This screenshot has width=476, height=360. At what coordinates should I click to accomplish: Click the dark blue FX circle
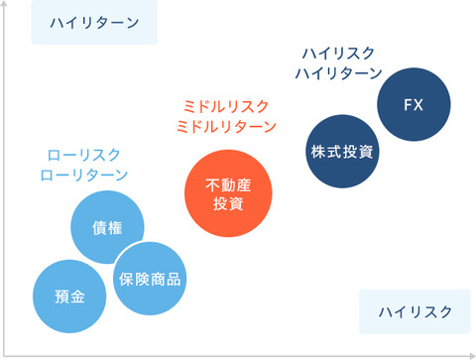[415, 103]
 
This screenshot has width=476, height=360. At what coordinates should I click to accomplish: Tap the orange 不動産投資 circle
[227, 193]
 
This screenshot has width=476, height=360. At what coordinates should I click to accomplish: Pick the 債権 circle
[107, 228]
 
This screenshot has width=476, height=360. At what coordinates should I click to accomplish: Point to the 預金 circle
[70, 297]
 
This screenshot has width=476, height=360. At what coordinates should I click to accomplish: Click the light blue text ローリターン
[83, 176]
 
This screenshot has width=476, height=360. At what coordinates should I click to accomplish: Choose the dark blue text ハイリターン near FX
[341, 73]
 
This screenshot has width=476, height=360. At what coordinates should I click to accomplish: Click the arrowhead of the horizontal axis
[470, 352]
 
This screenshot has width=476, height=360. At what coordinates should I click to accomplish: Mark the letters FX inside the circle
[415, 103]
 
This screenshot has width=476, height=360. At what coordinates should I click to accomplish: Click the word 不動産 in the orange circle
[227, 183]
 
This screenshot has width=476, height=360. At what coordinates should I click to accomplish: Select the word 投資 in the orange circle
[227, 204]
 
